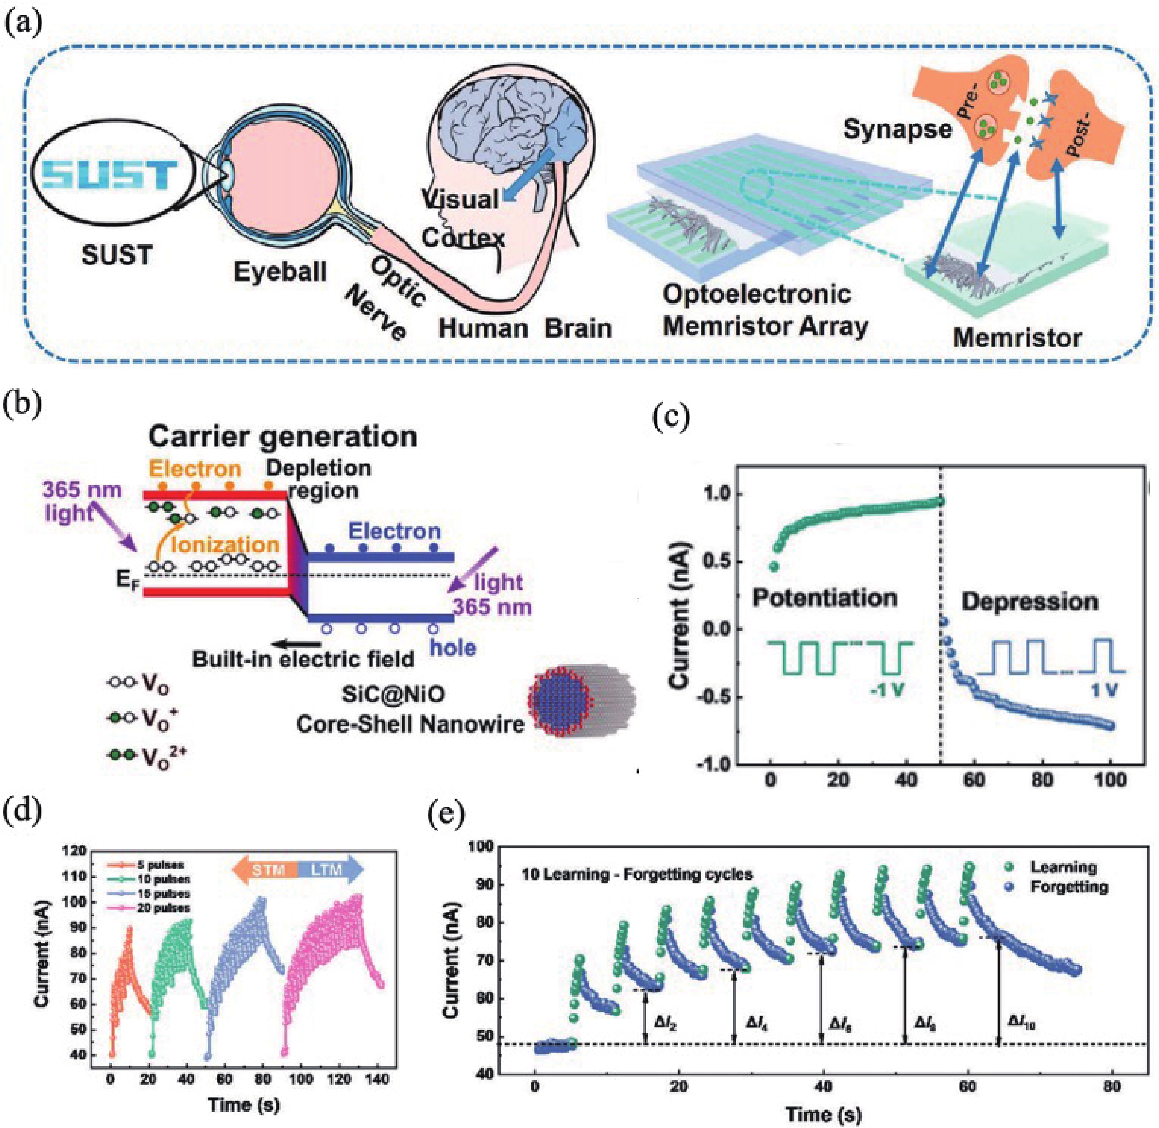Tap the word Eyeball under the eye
[x=280, y=271]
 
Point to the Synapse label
[x=897, y=129]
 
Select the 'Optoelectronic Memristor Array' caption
[x=764, y=310]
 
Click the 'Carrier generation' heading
[x=283, y=437]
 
